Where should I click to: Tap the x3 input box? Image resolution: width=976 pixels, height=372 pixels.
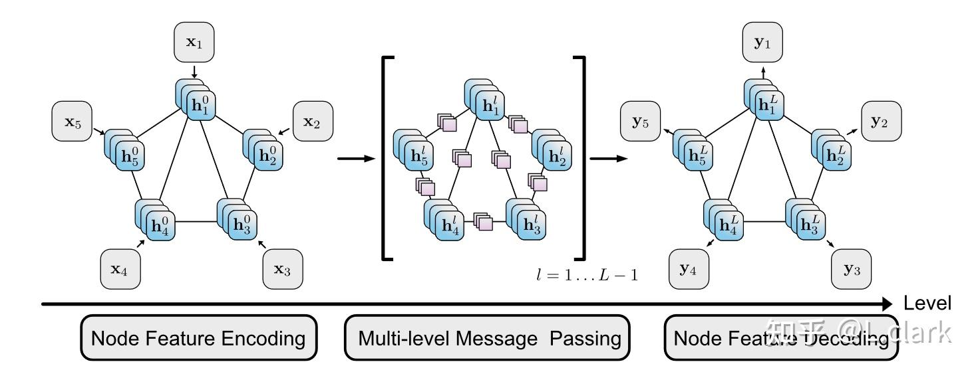(282, 269)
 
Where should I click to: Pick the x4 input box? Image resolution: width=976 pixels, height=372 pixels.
(120, 269)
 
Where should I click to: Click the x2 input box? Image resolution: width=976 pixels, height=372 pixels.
(312, 122)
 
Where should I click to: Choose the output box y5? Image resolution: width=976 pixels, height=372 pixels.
(640, 122)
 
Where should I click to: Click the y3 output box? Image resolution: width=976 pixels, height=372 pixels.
(852, 269)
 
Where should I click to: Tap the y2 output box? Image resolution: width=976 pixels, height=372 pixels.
(882, 122)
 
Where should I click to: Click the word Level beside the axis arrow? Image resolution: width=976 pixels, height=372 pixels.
(927, 304)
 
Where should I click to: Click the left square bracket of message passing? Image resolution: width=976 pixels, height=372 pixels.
(386, 158)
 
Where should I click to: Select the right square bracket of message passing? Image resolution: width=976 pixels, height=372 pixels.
(581, 158)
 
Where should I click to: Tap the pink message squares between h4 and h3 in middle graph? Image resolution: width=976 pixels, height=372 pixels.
(483, 222)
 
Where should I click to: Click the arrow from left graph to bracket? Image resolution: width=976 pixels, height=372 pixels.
(356, 158)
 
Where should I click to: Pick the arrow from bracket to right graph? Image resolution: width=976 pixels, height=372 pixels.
(608, 158)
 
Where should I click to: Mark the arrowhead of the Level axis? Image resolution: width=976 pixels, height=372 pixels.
(890, 304)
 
